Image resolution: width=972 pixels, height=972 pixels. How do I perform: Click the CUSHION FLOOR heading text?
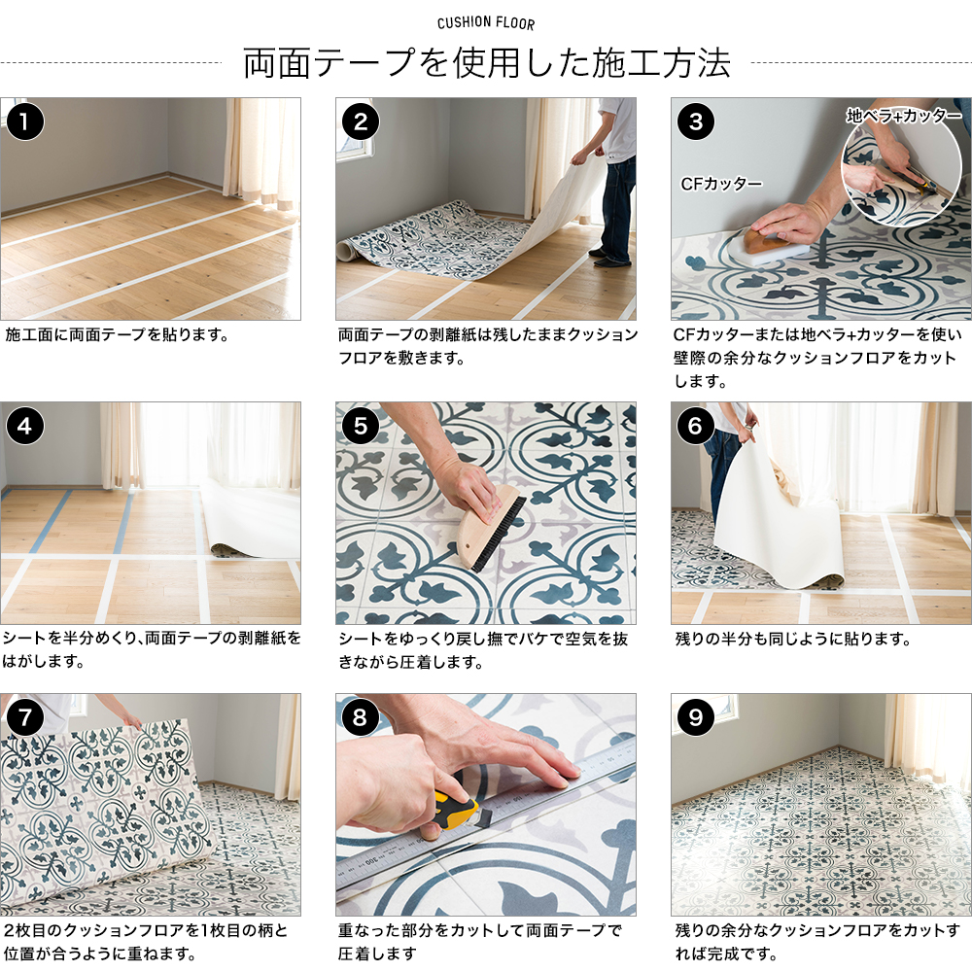(x=486, y=23)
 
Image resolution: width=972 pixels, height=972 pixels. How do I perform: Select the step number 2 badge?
(x=361, y=121)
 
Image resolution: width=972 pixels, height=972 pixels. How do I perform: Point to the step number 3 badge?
(x=696, y=121)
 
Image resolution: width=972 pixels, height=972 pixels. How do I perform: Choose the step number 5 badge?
(x=361, y=426)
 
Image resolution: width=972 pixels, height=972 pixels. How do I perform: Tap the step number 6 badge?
(x=696, y=426)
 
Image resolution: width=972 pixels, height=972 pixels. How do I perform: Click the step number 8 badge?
(x=361, y=717)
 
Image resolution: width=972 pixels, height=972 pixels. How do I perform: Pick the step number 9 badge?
(x=696, y=717)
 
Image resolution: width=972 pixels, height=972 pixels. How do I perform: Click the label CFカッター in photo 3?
(x=720, y=183)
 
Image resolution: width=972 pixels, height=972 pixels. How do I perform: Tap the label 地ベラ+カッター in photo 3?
(x=904, y=116)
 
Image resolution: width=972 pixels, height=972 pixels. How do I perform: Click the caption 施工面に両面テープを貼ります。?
(x=117, y=335)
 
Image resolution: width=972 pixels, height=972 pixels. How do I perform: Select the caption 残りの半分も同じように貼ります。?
(x=792, y=640)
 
